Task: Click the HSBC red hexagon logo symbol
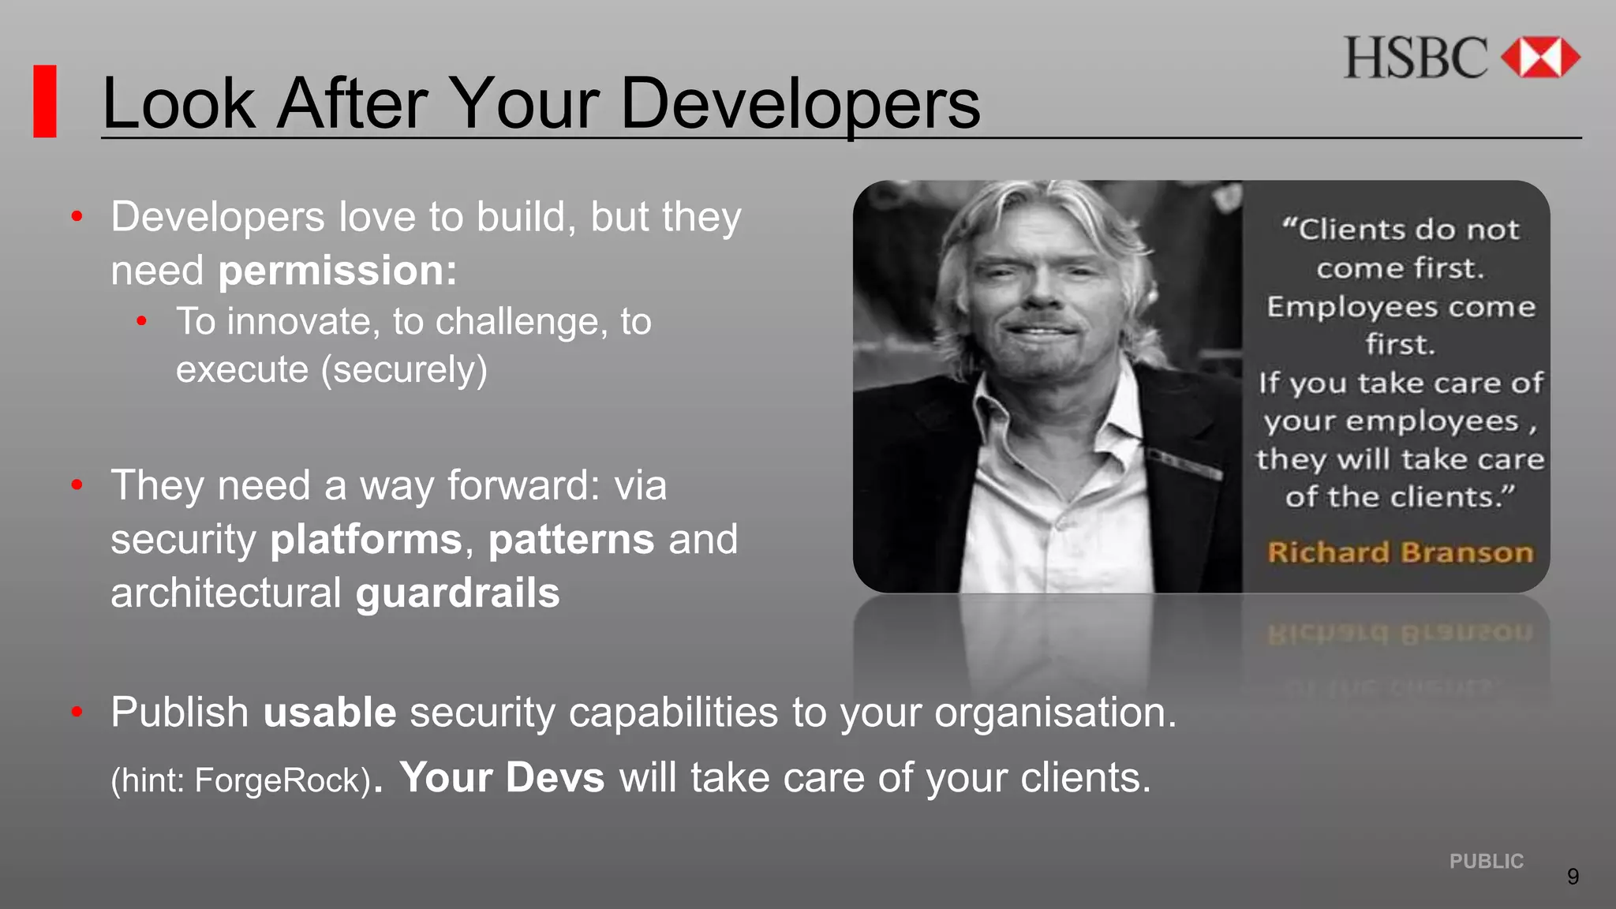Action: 1539,58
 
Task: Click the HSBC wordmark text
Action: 1416,58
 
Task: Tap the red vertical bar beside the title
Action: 45,102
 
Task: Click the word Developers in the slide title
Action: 800,104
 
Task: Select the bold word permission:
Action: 338,271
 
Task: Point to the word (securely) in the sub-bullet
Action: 404,369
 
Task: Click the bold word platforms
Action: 366,540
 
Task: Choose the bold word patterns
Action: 571,540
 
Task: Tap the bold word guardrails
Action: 458,593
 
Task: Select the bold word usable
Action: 330,713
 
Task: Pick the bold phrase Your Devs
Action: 503,778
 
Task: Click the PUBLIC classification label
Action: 1487,862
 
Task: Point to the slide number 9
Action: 1573,877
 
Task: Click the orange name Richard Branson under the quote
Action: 1401,552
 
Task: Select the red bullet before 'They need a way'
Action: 77,485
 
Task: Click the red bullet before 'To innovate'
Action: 142,321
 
